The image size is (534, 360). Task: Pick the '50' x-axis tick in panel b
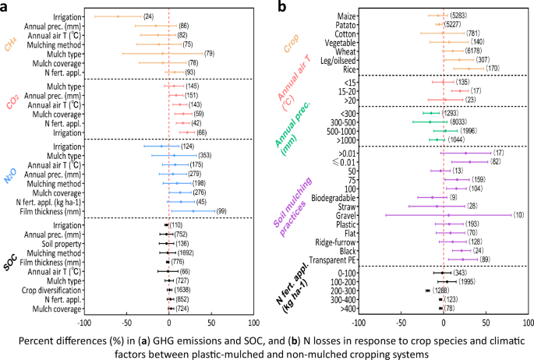[486, 320]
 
